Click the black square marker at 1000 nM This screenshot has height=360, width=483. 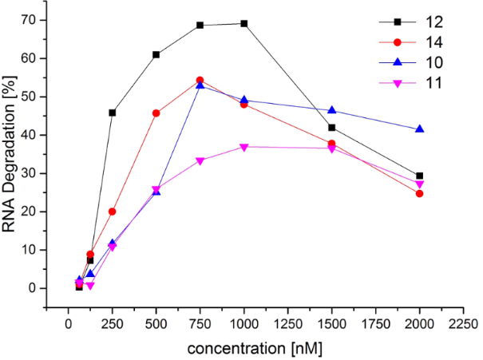243,23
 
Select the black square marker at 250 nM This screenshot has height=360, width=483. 112,113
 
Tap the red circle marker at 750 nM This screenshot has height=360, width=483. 200,80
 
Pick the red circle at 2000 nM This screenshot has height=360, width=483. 419,193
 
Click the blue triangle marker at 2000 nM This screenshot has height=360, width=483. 419,129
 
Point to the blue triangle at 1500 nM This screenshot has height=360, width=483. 331,110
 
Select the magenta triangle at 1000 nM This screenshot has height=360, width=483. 243,147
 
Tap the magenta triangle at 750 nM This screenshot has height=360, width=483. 200,160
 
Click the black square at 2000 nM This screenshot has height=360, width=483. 419,176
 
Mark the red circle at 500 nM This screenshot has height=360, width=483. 156,113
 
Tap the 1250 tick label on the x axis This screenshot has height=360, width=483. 287,325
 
